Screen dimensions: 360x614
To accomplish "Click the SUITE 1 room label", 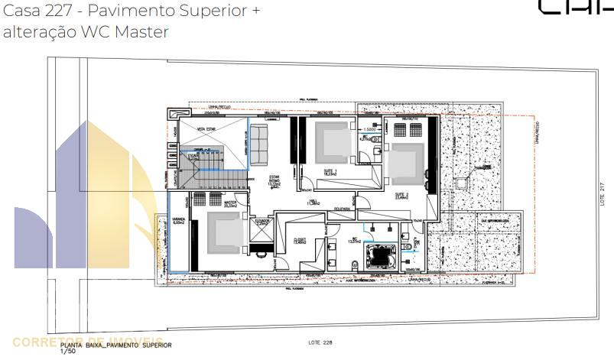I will (330, 173).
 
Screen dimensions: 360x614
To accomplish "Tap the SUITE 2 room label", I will (401, 195).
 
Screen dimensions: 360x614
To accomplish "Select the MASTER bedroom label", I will (229, 203).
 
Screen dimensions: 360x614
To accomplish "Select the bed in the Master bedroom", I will (224, 232).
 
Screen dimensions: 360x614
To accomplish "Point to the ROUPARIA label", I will (342, 207).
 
